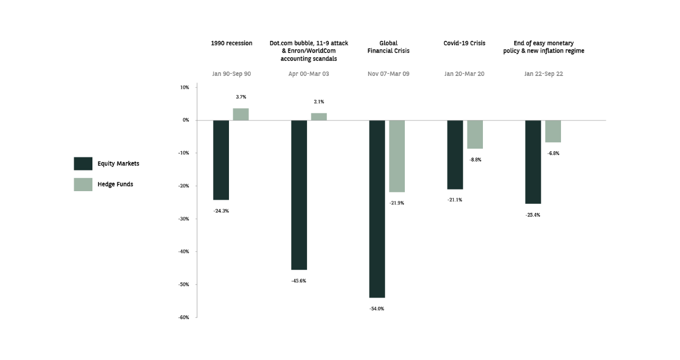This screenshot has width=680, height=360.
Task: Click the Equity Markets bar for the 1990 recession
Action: pos(221,160)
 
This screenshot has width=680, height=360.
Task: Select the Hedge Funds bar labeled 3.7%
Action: pos(241,115)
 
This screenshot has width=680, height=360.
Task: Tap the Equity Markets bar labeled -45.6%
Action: pos(299,195)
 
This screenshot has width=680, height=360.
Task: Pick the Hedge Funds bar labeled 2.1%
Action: pos(319,117)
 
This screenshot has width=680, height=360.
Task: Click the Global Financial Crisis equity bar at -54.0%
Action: pos(377,209)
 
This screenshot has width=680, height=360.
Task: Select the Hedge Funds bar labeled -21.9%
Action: pos(397,156)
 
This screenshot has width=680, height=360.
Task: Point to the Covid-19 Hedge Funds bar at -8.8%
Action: pos(475,134)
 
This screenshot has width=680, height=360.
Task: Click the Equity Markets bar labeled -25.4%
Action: pos(533,162)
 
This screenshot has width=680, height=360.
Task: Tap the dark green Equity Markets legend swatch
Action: pos(83,164)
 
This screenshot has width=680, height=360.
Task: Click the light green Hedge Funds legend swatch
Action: pos(83,184)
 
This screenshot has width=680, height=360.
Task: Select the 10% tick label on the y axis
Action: pos(184,88)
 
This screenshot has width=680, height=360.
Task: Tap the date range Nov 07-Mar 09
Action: pos(388,74)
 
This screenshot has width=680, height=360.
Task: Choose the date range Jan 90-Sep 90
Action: pos(231,74)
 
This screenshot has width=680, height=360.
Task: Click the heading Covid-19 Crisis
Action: pos(464,44)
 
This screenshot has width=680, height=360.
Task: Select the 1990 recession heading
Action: pos(232,44)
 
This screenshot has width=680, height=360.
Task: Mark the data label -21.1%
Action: pos(455,200)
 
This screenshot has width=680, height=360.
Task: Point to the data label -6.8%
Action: pos(553,153)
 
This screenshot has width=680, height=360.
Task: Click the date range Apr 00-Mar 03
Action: pos(309,74)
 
